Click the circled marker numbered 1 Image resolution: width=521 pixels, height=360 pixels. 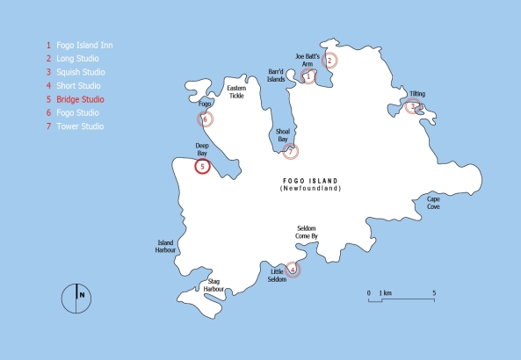click(x=308, y=76)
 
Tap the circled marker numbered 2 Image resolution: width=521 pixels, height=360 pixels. click(x=329, y=61)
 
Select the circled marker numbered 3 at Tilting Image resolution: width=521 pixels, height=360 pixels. click(x=411, y=107)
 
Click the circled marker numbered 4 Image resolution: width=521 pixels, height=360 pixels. click(x=293, y=269)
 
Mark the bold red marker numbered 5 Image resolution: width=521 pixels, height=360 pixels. click(x=202, y=166)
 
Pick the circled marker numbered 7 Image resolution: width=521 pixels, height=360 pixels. click(x=291, y=151)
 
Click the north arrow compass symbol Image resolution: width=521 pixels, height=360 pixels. click(x=77, y=297)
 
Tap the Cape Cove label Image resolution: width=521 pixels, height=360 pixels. click(x=434, y=202)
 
